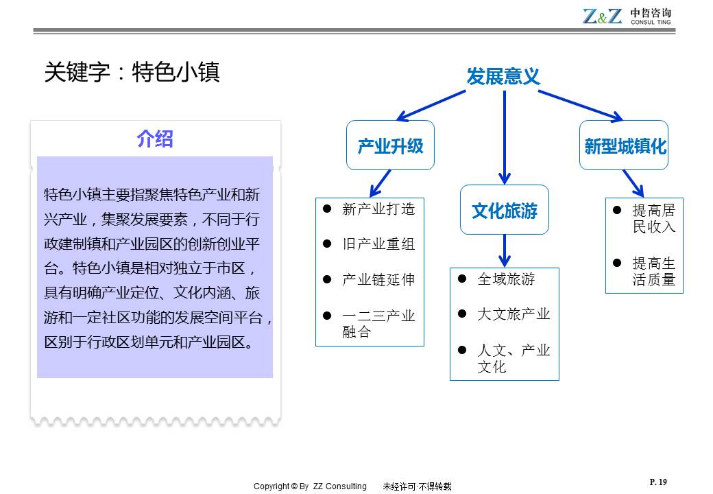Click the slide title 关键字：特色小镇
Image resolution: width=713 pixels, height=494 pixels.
pyautogui.click(x=132, y=72)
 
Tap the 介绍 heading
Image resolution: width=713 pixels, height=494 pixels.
pyautogui.click(x=155, y=139)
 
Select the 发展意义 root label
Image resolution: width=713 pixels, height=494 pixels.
pyautogui.click(x=503, y=76)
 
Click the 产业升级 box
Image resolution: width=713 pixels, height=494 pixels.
pyautogui.click(x=390, y=145)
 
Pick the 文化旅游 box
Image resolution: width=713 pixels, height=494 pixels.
pyautogui.click(x=504, y=210)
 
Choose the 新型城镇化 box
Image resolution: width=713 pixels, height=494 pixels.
pyautogui.click(x=625, y=145)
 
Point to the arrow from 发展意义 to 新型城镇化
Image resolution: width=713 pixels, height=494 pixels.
pyautogui.click(x=580, y=106)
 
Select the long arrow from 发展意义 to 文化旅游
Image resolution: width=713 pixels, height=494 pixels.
pyautogui.click(x=505, y=137)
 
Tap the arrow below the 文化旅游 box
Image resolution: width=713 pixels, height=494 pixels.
pyautogui.click(x=505, y=250)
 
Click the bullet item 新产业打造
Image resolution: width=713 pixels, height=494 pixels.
pyautogui.click(x=378, y=209)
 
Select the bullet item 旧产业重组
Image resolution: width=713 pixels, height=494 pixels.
pyautogui.click(x=378, y=244)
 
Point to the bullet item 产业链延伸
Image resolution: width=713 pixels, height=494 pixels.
pyautogui.click(x=378, y=280)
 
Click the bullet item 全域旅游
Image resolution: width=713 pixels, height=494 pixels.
pyautogui.click(x=506, y=279)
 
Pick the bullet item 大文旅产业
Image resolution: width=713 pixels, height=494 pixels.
pyautogui.click(x=513, y=314)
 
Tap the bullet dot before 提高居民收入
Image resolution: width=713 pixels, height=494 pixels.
pyautogui.click(x=617, y=210)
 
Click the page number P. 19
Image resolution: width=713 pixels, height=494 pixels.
pyautogui.click(x=657, y=482)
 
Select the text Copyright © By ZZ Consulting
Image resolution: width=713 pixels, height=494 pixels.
pyautogui.click(x=310, y=486)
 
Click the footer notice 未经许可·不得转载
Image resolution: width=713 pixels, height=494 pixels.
pyautogui.click(x=417, y=486)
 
